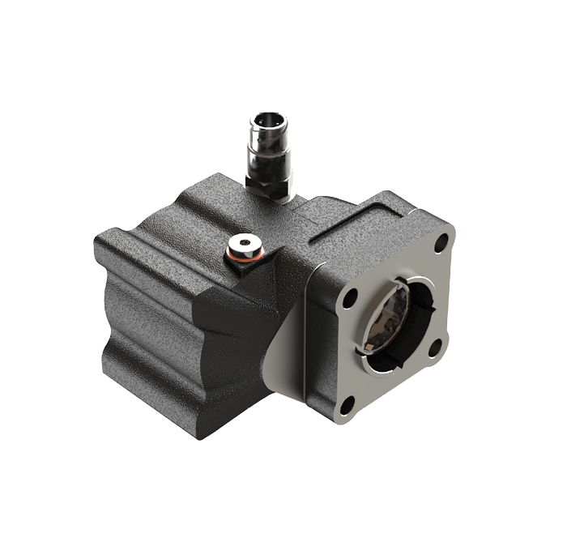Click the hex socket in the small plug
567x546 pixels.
point(244,245)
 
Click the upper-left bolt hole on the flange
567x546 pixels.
point(349,298)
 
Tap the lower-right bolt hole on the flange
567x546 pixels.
point(435,348)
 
